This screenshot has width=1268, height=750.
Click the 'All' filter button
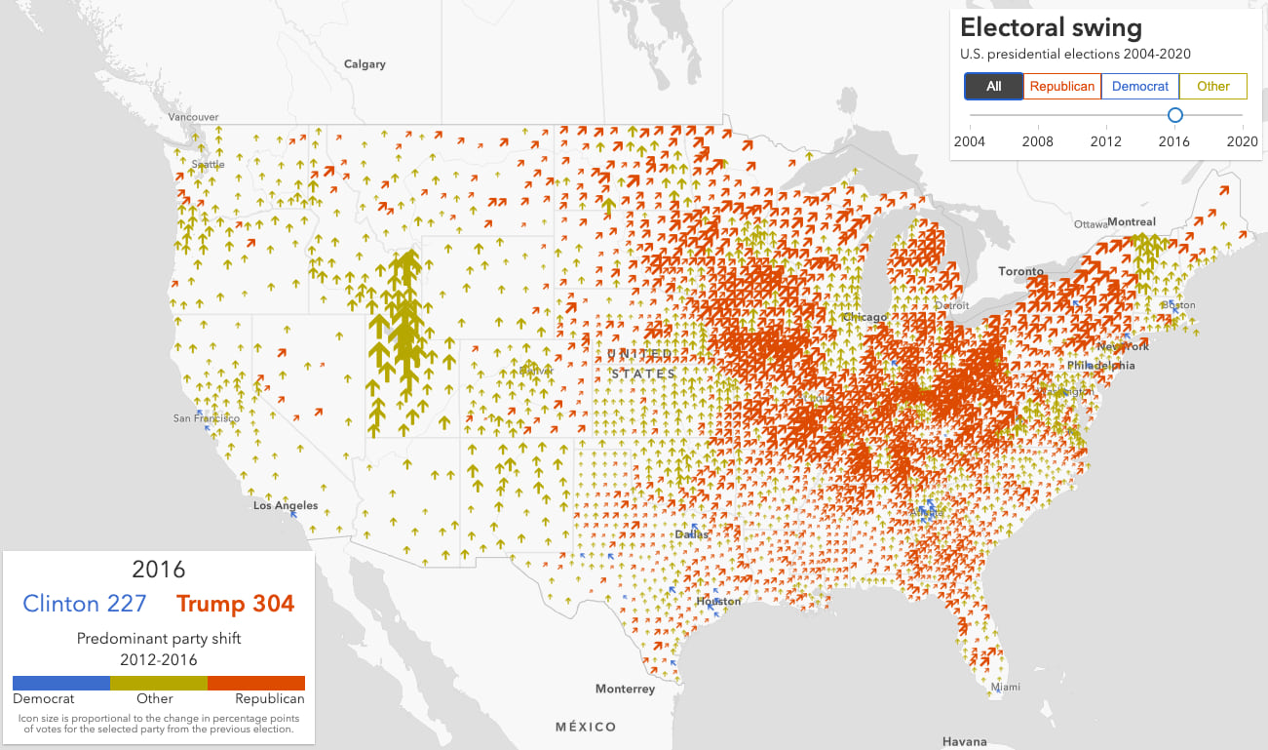coord(993,87)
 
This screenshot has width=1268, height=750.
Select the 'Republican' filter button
coord(1061,87)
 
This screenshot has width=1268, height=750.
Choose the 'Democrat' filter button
coord(1139,87)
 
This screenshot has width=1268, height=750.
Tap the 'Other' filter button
coord(1212,87)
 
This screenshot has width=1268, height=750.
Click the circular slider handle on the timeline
coord(1174,115)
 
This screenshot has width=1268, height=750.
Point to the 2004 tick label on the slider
coord(969,141)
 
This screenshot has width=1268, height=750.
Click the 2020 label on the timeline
coord(1242,141)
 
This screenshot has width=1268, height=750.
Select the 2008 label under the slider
coord(1037,141)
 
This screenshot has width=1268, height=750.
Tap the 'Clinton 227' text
coord(84,604)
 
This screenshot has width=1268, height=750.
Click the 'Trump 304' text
coord(235,604)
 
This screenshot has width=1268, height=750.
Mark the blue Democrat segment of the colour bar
coord(60,683)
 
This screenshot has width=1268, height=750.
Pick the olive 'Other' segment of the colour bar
coord(158,683)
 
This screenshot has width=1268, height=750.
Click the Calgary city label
coord(365,64)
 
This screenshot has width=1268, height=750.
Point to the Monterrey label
coord(625,689)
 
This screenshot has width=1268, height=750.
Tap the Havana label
coord(964,742)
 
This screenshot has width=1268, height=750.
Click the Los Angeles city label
coord(286,506)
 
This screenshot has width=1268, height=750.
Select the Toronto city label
coord(1020,271)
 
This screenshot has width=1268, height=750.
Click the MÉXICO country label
coord(586,727)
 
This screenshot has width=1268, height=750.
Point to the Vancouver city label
coord(193,117)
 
